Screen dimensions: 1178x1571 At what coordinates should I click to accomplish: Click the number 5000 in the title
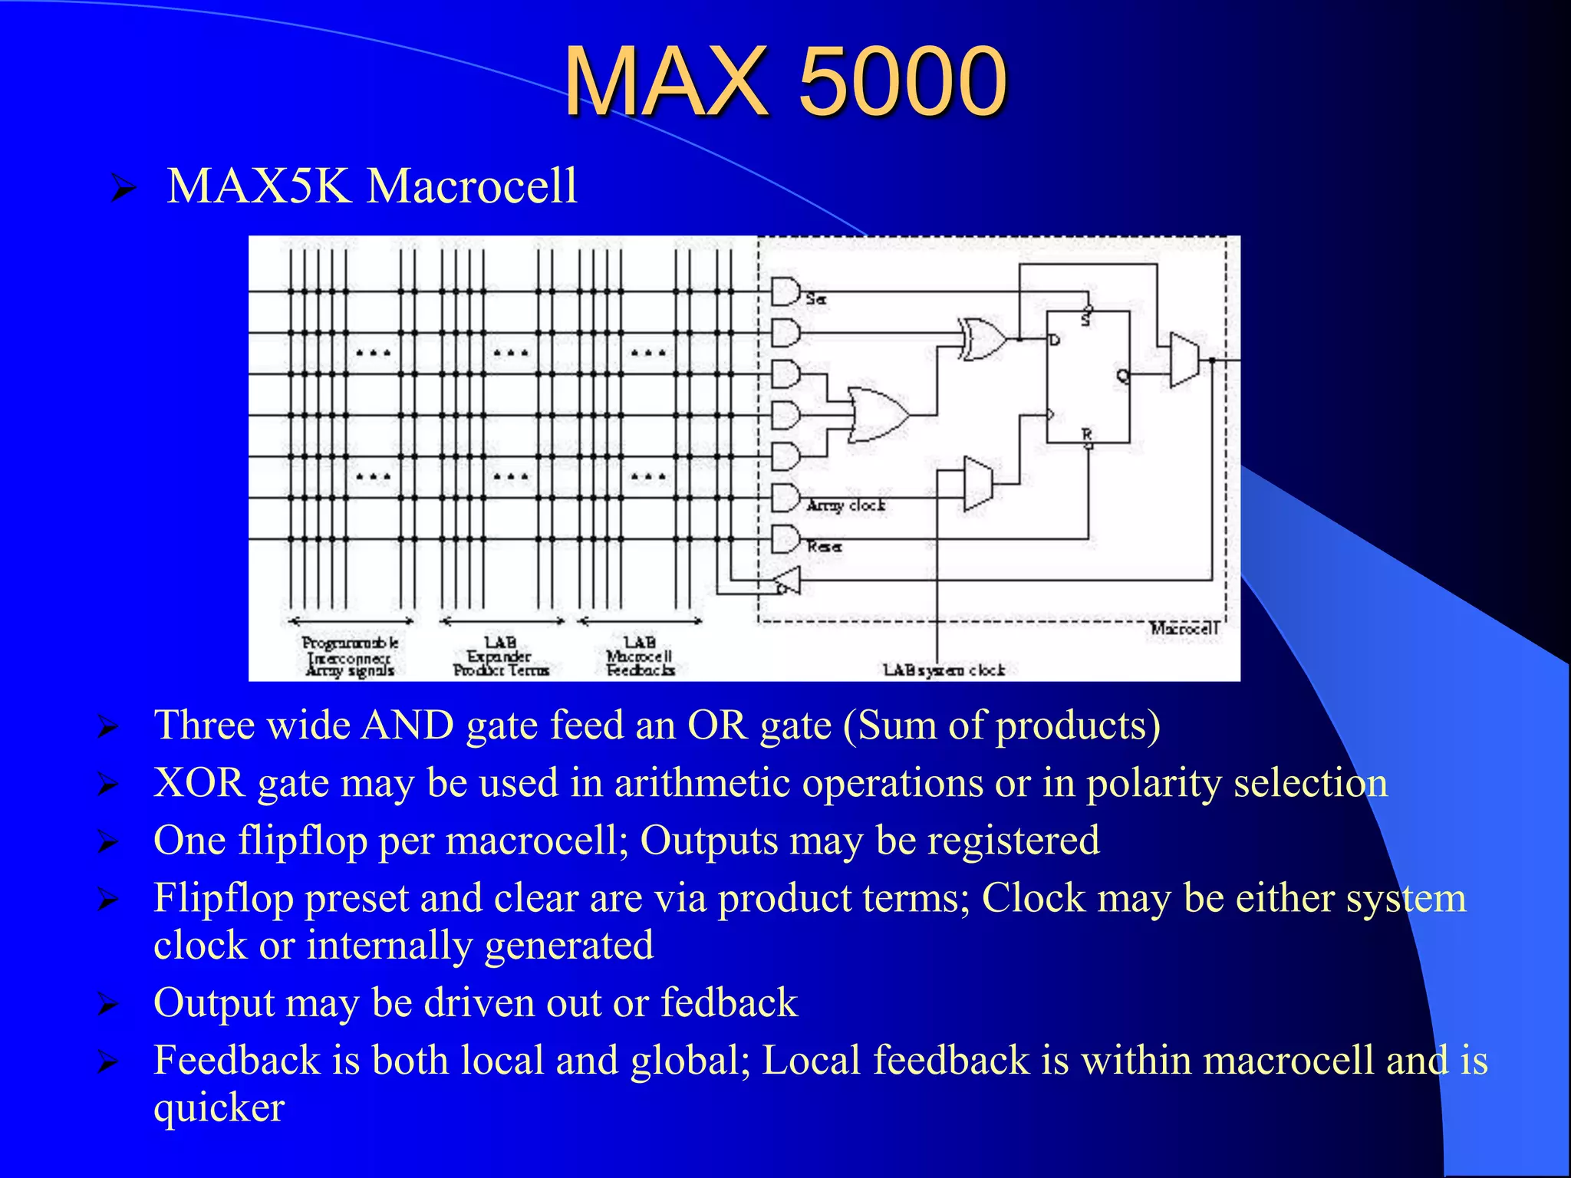902,81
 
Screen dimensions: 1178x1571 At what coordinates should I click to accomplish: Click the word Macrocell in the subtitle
472,186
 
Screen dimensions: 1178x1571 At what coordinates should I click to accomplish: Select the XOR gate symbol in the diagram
983,337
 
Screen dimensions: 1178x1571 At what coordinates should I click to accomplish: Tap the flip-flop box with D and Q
1088,377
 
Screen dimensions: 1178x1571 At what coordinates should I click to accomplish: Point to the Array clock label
845,505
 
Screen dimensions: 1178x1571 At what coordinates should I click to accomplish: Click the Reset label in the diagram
824,547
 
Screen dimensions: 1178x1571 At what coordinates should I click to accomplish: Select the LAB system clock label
944,670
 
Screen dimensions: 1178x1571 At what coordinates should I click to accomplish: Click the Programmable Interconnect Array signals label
350,656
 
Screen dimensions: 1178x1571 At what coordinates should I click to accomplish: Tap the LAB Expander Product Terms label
500,656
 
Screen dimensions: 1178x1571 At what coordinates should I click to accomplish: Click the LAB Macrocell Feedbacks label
640,656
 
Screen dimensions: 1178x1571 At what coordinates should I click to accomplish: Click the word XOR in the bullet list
199,783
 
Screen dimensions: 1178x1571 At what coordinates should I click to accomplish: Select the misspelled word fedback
729,1002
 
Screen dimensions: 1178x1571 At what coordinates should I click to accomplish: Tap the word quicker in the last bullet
219,1107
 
